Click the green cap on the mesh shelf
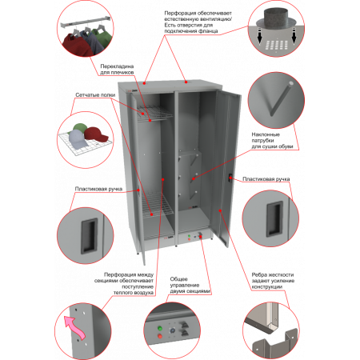79,127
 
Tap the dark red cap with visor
96,134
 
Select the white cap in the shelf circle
78,139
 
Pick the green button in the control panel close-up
160,328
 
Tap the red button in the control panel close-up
160,336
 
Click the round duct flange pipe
276,19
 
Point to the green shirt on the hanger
100,38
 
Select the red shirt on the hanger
77,44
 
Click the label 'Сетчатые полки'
95,95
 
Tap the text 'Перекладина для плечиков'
117,70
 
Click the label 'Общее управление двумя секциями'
190,285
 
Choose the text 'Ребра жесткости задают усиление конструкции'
273,281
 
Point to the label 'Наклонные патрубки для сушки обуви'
272,141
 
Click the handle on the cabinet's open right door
230,178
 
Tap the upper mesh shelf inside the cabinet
154,114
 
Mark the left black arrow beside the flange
259,37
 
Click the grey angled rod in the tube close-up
281,99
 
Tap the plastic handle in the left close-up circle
89,236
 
